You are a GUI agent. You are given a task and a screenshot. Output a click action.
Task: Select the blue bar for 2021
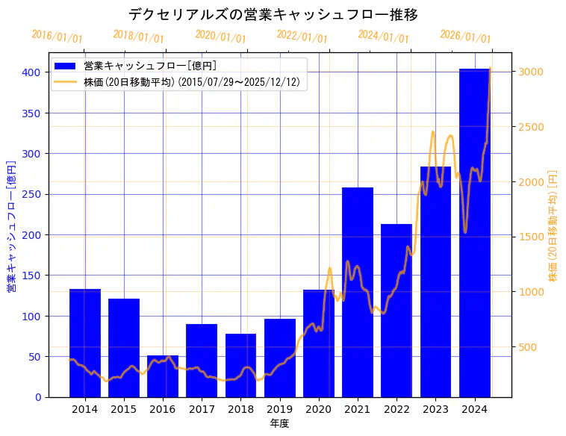tap(358, 292)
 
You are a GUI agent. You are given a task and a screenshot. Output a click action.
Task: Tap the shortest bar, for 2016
tap(163, 376)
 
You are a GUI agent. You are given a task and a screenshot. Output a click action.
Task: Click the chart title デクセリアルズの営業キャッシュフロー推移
tap(273, 14)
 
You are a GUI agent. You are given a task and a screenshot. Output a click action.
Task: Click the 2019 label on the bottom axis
tap(279, 409)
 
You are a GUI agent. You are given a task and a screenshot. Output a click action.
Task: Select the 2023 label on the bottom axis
tap(435, 409)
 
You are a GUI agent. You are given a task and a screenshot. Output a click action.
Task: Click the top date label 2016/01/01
tap(57, 37)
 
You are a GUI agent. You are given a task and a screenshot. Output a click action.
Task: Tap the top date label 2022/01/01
tap(302, 37)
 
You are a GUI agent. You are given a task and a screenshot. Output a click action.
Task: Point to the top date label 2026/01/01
tap(465, 37)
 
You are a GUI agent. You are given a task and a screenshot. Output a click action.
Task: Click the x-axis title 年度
tap(279, 423)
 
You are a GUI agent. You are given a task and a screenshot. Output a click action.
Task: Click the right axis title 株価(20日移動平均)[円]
tap(553, 225)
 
